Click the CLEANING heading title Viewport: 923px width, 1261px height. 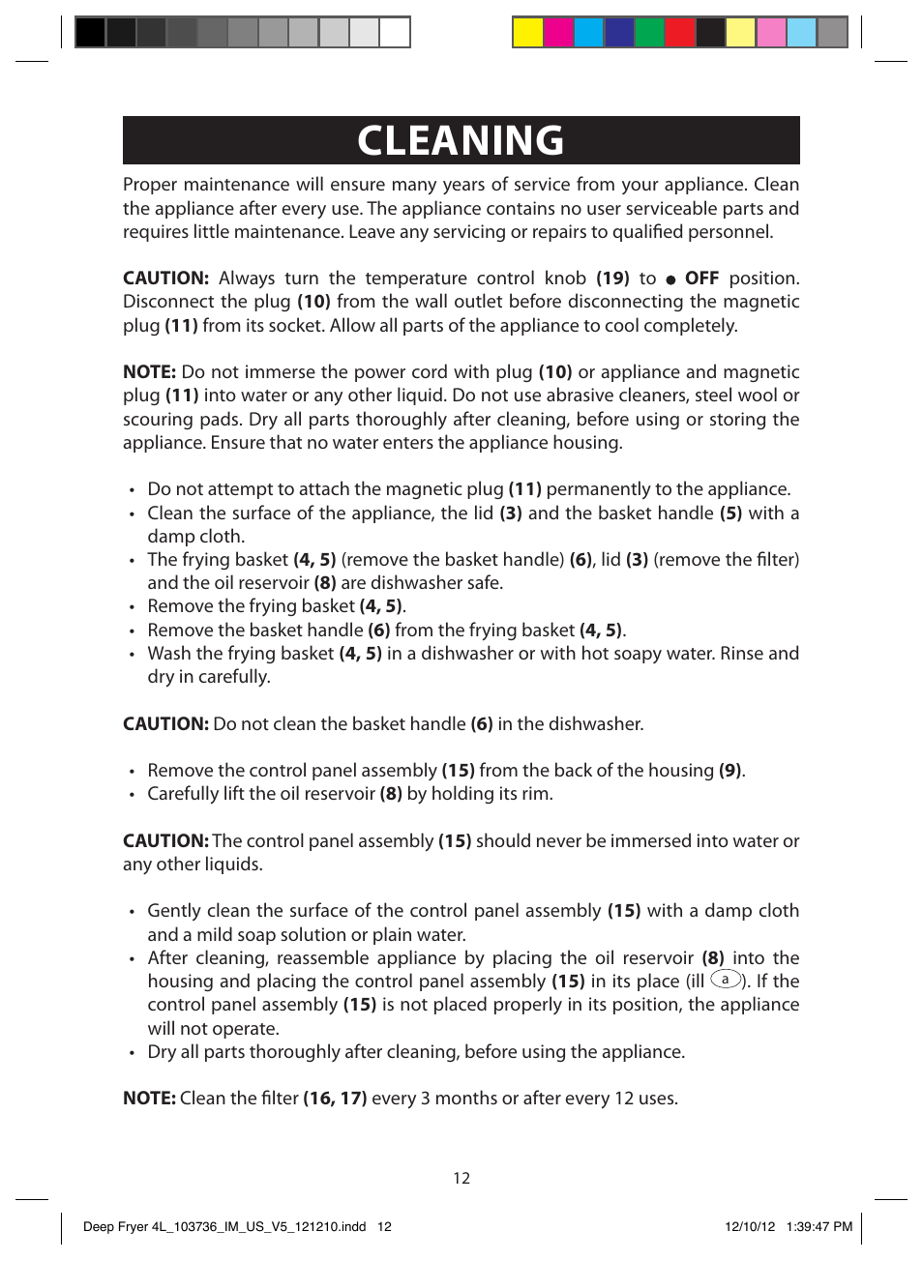pyautogui.click(x=461, y=141)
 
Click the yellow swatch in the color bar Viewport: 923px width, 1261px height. pyautogui.click(x=527, y=33)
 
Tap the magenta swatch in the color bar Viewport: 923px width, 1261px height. pyautogui.click(x=558, y=33)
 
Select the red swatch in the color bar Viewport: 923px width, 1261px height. pyautogui.click(x=680, y=33)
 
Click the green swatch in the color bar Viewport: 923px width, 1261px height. pyautogui.click(x=649, y=33)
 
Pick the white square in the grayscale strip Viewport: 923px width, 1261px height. pyautogui.click(x=394, y=33)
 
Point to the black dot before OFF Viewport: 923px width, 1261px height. pyautogui.click(x=670, y=279)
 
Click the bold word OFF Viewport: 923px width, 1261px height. pyautogui.click(x=701, y=279)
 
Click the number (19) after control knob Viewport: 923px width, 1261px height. pyautogui.click(x=612, y=279)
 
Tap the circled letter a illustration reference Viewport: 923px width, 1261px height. pyautogui.click(x=726, y=980)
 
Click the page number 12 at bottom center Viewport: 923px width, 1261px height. pyautogui.click(x=461, y=1178)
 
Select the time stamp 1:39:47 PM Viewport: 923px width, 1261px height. pyautogui.click(x=819, y=1226)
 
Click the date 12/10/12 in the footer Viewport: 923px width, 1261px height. pyautogui.click(x=750, y=1226)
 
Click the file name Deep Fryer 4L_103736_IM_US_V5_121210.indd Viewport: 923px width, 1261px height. pyautogui.click(x=224, y=1226)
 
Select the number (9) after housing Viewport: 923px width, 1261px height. pyautogui.click(x=730, y=771)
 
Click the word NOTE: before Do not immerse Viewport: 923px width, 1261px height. pyautogui.click(x=149, y=372)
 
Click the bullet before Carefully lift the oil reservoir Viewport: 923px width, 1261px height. pyautogui.click(x=132, y=795)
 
